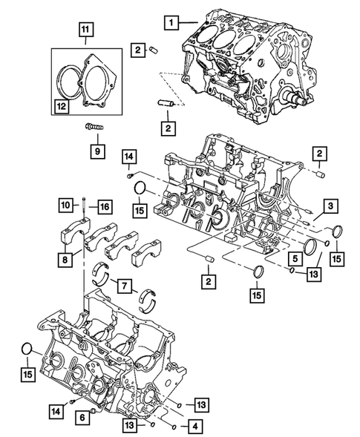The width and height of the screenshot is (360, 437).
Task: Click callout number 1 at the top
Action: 171,24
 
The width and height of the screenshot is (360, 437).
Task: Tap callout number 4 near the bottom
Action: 194,427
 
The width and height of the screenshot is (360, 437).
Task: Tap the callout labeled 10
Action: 65,205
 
